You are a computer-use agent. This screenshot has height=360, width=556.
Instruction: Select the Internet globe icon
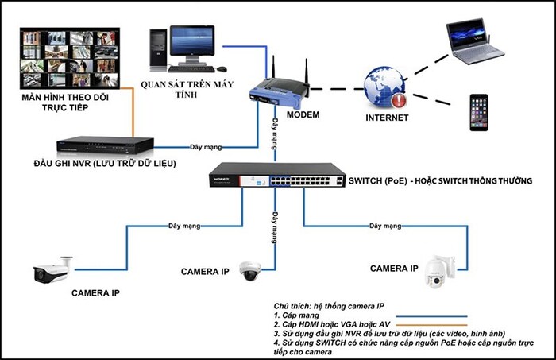click(384, 87)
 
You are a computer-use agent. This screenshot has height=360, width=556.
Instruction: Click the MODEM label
click(303, 115)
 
